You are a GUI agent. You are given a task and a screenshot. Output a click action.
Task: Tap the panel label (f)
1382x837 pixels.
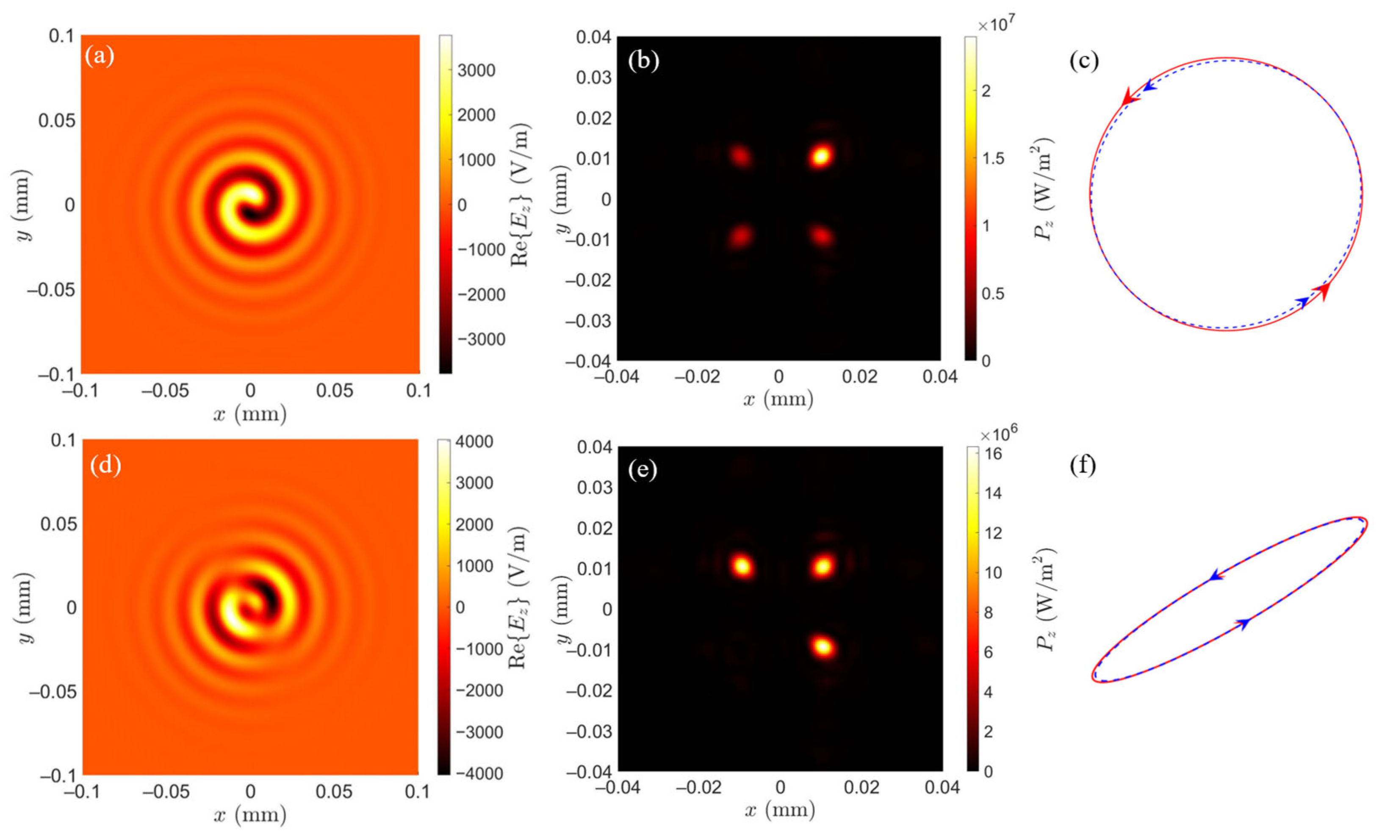(x=1083, y=465)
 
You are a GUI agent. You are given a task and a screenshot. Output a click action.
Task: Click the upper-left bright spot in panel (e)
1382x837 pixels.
(x=742, y=565)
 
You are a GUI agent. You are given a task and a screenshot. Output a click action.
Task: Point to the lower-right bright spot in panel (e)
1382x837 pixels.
(x=823, y=647)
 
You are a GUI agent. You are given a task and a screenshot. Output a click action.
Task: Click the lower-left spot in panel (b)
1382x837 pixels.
(x=740, y=236)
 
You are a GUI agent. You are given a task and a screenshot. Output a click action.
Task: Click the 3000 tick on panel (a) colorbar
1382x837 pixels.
(x=476, y=70)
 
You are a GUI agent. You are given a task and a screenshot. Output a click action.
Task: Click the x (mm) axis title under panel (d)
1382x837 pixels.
(x=249, y=814)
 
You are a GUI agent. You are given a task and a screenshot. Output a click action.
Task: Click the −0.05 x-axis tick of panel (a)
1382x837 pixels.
(x=165, y=391)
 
